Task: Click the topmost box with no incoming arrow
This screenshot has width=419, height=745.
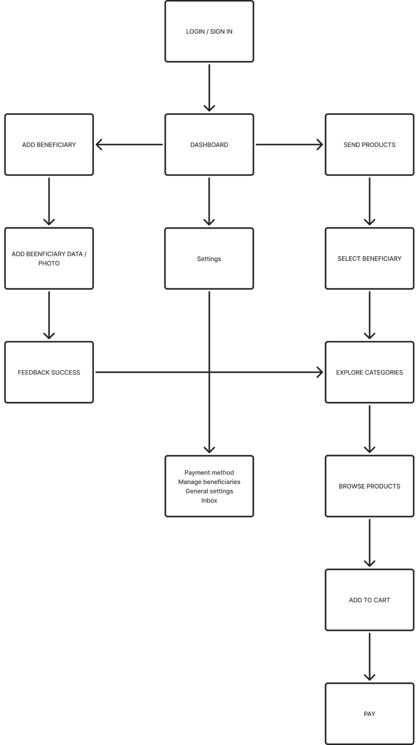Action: pyautogui.click(x=209, y=31)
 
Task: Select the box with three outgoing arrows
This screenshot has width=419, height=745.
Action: pyautogui.click(x=209, y=144)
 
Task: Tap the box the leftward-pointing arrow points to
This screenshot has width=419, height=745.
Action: pyautogui.click(x=49, y=144)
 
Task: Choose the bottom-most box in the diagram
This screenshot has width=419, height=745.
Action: pyautogui.click(x=369, y=713)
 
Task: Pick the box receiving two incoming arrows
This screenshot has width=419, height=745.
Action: pyautogui.click(x=369, y=372)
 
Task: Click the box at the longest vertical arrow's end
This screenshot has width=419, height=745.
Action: pyautogui.click(x=209, y=486)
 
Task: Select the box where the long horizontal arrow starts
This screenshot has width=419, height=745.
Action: pyautogui.click(x=49, y=372)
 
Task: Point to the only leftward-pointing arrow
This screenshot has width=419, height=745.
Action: pyautogui.click(x=129, y=145)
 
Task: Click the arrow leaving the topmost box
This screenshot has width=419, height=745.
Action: pyautogui.click(x=209, y=87)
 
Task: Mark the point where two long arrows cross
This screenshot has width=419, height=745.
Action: pyautogui.click(x=209, y=372)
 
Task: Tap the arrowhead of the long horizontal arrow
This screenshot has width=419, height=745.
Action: pyautogui.click(x=320, y=372)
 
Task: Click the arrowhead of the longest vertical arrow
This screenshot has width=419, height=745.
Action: pyautogui.click(x=209, y=450)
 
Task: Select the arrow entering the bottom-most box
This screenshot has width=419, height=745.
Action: pyautogui.click(x=369, y=657)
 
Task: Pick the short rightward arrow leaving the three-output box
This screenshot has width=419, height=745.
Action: pyautogui.click(x=289, y=145)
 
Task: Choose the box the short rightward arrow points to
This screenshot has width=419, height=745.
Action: pyautogui.click(x=369, y=144)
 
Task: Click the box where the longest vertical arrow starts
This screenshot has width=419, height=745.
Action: pyautogui.click(x=209, y=258)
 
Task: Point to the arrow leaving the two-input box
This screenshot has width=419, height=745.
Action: pyautogui.click(x=369, y=429)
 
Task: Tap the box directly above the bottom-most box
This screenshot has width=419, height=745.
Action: pyautogui.click(x=369, y=600)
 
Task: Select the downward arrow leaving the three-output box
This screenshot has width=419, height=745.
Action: pyautogui.click(x=209, y=201)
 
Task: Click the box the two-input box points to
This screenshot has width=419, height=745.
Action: pyautogui.click(x=369, y=486)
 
